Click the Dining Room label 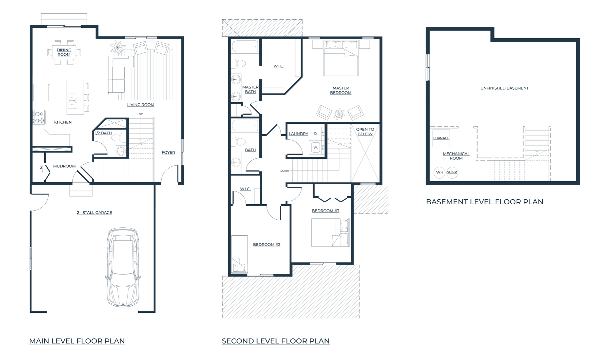point(64,52)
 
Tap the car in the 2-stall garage point(123,267)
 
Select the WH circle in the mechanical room point(439,172)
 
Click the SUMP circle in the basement point(452,172)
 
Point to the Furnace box point(441,138)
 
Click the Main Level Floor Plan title point(77,341)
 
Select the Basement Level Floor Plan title point(485,202)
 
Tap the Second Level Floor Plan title point(276,341)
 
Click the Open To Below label point(365,132)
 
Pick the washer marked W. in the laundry point(315,147)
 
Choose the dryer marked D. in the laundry point(315,133)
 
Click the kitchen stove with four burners point(39,117)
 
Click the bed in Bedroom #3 point(330,232)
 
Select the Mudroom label point(64,166)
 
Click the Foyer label point(168,153)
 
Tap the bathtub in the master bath point(245,47)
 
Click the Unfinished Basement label point(504,88)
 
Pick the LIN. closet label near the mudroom point(41,169)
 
